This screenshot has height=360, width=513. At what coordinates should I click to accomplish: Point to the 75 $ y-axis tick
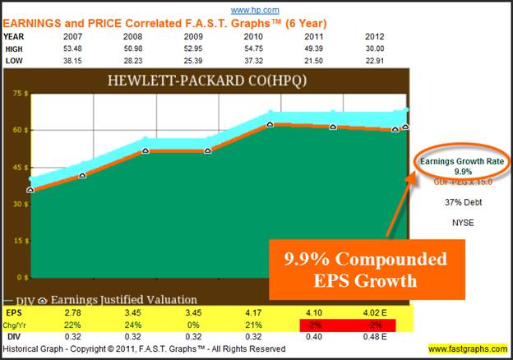(x=18, y=93)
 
